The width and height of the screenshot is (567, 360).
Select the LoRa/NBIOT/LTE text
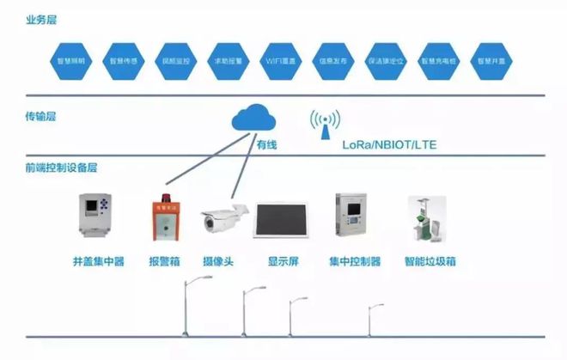(x=389, y=145)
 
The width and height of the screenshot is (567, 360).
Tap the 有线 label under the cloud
(x=267, y=146)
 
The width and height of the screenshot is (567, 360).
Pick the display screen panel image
(x=283, y=219)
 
